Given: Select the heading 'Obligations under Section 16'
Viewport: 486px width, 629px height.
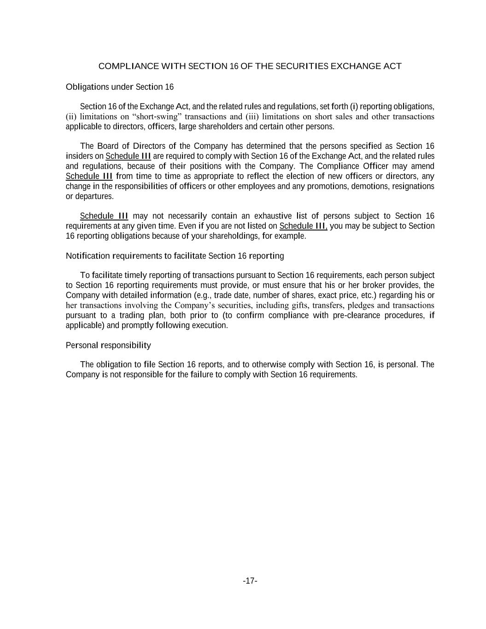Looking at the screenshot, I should pyautogui.click(x=120, y=87).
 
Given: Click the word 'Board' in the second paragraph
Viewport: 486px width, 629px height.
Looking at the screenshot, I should pyautogui.click(x=107, y=147).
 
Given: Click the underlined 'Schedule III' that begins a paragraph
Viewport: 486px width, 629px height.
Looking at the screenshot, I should pyautogui.click(x=104, y=216).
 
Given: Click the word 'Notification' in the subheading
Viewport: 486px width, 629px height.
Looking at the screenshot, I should pyautogui.click(x=88, y=256).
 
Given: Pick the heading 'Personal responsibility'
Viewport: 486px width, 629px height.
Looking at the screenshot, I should pyautogui.click(x=108, y=346).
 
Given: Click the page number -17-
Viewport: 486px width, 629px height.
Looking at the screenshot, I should pyautogui.click(x=250, y=581).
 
